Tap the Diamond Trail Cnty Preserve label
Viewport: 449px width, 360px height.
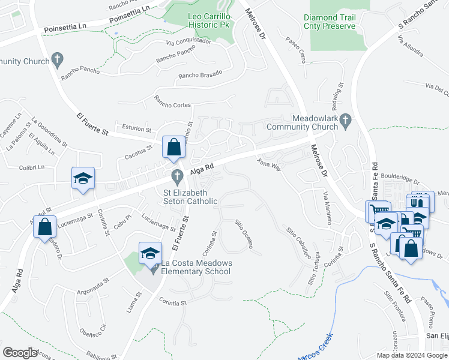tap(330, 22)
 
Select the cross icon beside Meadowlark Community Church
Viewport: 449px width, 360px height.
tap(345, 122)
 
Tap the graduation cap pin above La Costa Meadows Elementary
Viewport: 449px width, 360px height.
tap(150, 254)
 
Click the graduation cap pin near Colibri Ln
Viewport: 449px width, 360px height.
tap(83, 178)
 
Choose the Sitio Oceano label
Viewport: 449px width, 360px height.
tap(243, 233)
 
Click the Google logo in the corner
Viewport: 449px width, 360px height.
tap(20, 353)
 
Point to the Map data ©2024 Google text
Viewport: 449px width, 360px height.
tap(411, 355)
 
